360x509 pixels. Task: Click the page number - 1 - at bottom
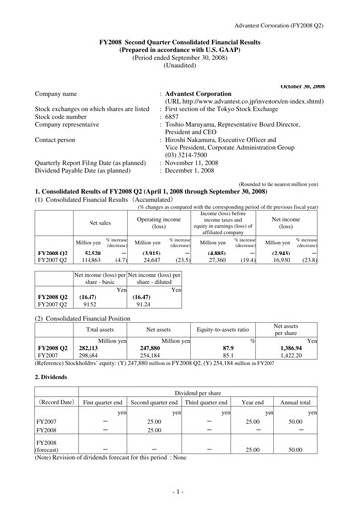179,493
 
